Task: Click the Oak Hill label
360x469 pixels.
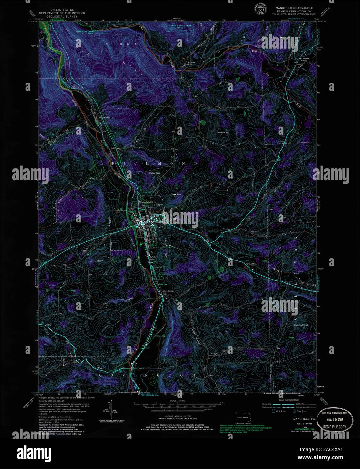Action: [x=176, y=195]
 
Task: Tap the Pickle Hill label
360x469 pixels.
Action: [x=156, y=173]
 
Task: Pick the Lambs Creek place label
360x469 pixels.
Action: [x=104, y=118]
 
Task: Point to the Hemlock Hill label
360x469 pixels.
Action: [x=302, y=325]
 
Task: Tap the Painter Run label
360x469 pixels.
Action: [x=191, y=63]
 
